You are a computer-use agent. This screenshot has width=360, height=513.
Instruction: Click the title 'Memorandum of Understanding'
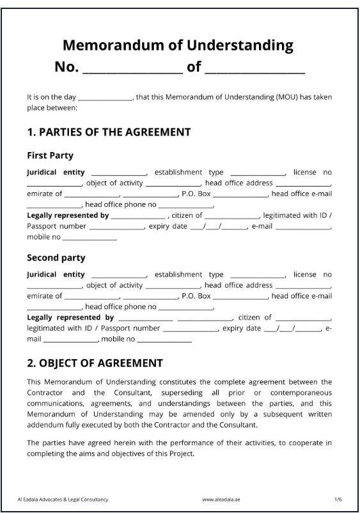point(178,45)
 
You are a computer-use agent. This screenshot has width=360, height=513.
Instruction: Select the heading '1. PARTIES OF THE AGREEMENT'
point(109,132)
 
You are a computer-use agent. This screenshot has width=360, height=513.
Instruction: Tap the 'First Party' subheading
point(50,155)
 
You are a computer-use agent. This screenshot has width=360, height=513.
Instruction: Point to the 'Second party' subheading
point(56,258)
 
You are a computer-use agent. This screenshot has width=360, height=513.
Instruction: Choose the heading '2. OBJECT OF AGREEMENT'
point(95,363)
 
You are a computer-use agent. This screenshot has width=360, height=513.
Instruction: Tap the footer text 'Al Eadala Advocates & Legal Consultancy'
point(63,498)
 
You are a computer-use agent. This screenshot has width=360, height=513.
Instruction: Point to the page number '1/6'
point(338,498)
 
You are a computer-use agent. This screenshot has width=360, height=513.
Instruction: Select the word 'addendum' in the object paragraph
point(44,425)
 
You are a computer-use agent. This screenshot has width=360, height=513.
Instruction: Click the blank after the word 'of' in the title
point(254,68)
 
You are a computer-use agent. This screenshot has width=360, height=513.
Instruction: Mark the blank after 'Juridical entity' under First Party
point(119,173)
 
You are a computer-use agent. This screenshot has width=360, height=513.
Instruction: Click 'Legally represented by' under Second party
point(70,317)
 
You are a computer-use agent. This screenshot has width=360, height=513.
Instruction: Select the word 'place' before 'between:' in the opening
point(36,108)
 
